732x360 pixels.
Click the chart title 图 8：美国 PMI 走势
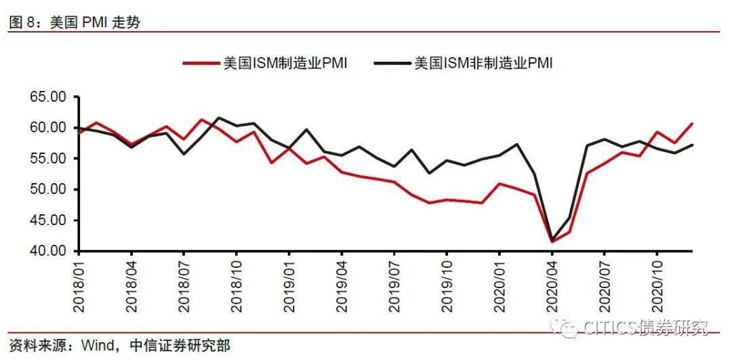[75, 22]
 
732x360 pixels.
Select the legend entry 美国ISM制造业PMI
[285, 63]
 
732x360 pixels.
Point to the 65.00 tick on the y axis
[48, 97]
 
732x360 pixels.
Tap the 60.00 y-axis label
[48, 127]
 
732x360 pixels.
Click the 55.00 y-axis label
[48, 159]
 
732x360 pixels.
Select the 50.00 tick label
[48, 189]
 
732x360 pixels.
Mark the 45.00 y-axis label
[48, 220]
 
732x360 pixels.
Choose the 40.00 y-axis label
[48, 251]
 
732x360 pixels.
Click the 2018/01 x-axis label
[79, 285]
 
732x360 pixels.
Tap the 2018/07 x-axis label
[184, 285]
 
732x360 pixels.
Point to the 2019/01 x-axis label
[289, 285]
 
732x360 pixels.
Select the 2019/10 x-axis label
[447, 285]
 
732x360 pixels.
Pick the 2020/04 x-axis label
[552, 285]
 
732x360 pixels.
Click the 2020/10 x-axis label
[657, 285]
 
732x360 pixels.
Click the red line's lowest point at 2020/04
[552, 241]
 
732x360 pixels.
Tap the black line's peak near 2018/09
[218, 117]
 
